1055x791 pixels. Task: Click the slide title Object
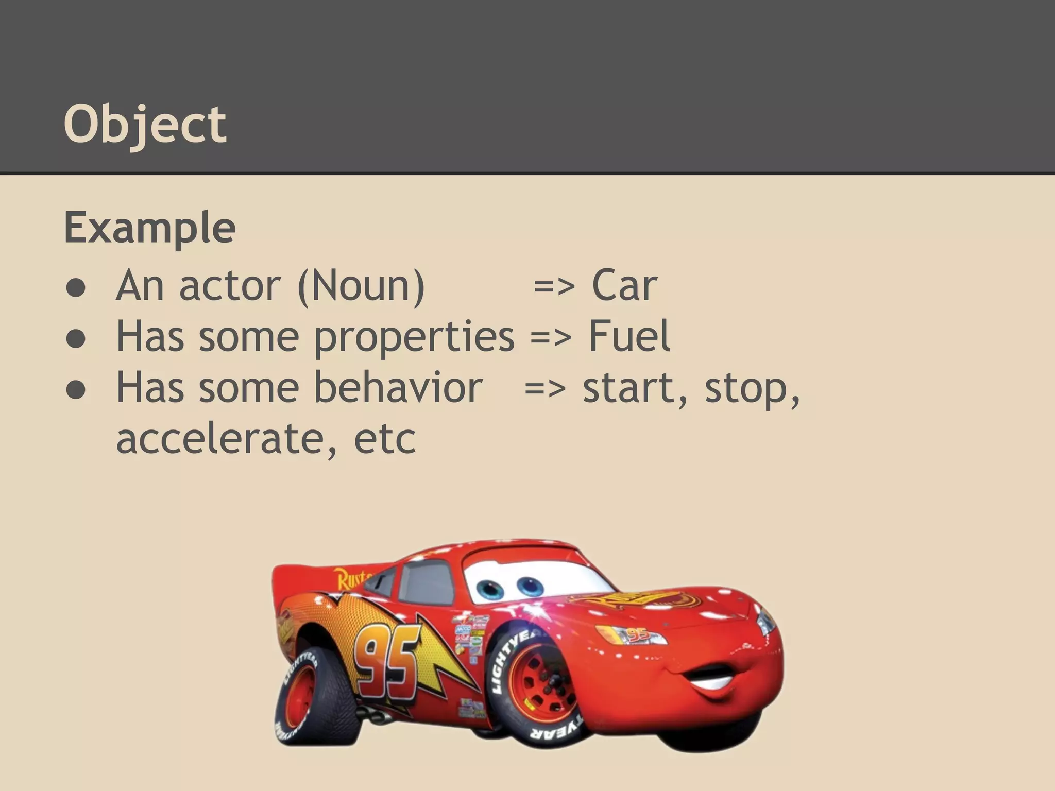click(145, 125)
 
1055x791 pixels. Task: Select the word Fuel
click(629, 336)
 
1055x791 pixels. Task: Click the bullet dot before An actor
click(76, 288)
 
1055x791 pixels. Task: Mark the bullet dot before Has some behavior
click(76, 390)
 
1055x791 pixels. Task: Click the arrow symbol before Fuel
click(550, 337)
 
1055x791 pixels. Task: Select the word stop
click(752, 388)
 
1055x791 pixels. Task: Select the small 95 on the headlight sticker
click(639, 634)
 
